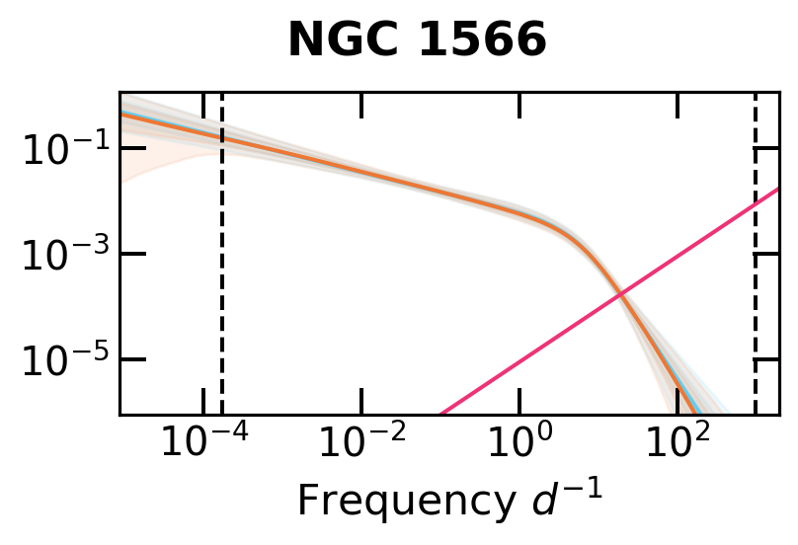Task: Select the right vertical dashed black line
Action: (x=756, y=296)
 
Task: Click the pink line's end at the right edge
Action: (x=778, y=188)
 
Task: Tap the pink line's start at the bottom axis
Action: (x=440, y=414)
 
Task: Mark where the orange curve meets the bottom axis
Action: (x=692, y=414)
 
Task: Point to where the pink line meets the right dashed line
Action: (x=756, y=202)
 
